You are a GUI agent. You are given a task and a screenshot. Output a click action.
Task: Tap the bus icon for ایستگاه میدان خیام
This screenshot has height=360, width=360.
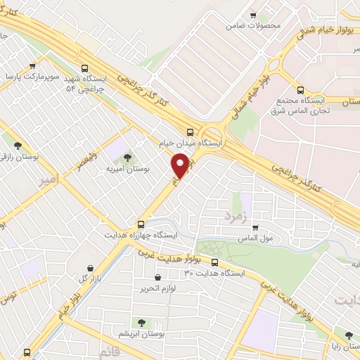tap(190, 131)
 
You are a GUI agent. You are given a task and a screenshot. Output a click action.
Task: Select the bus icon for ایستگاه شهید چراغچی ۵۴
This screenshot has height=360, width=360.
tap(84, 68)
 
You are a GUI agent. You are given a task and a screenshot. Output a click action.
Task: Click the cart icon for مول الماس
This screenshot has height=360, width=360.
tap(255, 227)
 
